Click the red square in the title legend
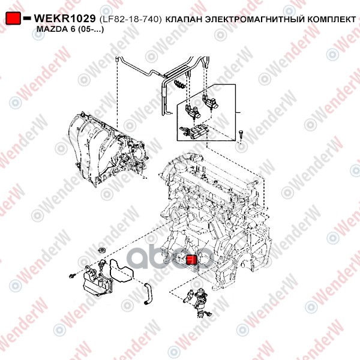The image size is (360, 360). click(13, 19)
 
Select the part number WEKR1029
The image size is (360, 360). click(65, 19)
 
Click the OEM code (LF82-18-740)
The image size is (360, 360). click(131, 20)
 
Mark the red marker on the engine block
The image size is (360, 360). click(191, 260)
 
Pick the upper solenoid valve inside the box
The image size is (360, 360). click(209, 102)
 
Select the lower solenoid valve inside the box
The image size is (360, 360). click(193, 112)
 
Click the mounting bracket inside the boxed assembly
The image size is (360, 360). click(193, 131)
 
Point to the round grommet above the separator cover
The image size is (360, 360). click(101, 250)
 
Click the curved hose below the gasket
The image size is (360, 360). click(147, 294)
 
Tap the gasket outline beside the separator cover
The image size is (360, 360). click(121, 271)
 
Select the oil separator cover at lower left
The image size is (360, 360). click(97, 281)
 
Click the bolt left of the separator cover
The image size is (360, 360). click(72, 276)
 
